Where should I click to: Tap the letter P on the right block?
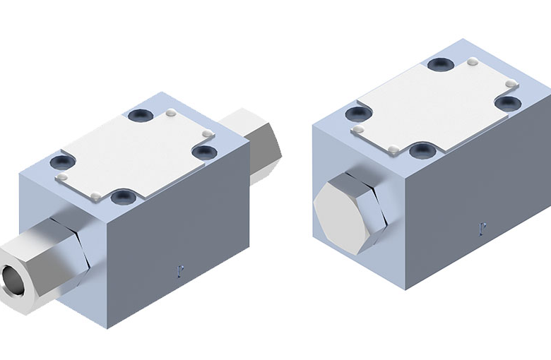pos(482,228)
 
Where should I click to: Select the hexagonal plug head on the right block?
pos(340,208)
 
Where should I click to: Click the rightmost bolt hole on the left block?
pos(203,150)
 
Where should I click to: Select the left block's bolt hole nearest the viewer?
pos(125,194)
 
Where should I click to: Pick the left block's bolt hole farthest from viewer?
pos(138,116)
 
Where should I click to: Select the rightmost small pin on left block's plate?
pos(206,133)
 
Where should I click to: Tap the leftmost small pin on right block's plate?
pos(360,130)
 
